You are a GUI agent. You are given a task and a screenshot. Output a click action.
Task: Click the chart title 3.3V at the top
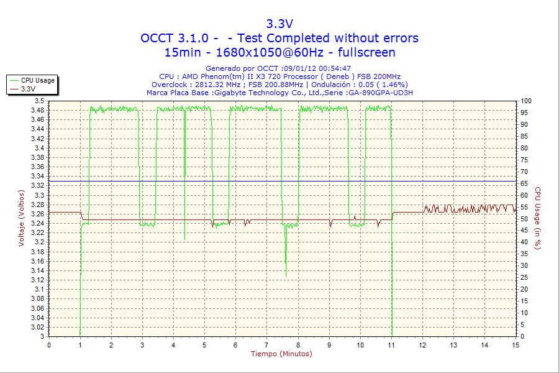pos(279,24)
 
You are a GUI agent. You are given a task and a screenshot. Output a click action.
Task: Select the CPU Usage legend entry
pos(37,80)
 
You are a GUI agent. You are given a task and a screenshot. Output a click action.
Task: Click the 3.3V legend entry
pos(28,89)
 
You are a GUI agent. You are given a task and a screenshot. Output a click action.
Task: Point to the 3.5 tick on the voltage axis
pos(39,101)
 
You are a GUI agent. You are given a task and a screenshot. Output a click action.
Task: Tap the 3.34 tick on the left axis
pos(37,176)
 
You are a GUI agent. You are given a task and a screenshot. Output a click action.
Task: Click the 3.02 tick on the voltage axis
pos(37,327)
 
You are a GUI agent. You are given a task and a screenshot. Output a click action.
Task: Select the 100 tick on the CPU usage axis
pos(527,101)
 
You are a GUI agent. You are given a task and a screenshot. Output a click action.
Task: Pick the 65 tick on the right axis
pos(525,183)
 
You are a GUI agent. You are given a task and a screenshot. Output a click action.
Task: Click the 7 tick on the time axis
pos(267,345)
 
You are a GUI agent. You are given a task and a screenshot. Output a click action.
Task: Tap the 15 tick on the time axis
pos(516,345)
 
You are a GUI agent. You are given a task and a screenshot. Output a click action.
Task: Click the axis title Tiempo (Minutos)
pos(281,354)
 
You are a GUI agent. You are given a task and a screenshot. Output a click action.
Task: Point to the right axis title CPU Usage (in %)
pos(538,218)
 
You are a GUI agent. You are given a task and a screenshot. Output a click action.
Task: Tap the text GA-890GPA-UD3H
pos(382,93)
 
